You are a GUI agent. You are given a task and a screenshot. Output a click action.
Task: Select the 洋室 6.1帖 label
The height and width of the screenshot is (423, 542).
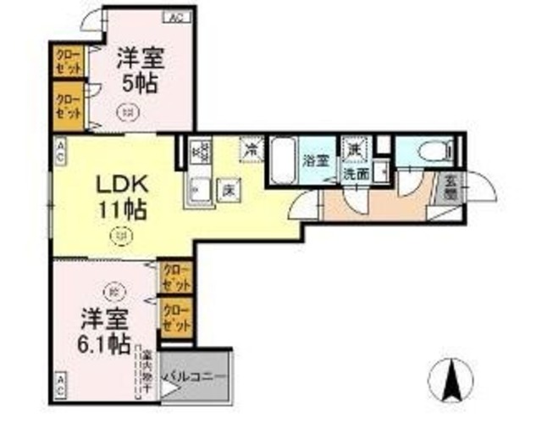[104, 332]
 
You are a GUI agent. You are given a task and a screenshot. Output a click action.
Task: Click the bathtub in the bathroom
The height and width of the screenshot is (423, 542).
[284, 159]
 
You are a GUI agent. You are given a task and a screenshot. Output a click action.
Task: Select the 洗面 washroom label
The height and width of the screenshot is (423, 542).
[356, 173]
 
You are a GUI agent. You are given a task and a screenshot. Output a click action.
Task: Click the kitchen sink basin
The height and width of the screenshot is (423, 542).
[200, 188]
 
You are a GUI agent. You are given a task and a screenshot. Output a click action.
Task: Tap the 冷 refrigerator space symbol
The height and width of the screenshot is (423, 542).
[252, 147]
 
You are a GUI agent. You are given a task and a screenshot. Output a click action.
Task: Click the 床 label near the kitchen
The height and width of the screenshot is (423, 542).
[229, 190]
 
